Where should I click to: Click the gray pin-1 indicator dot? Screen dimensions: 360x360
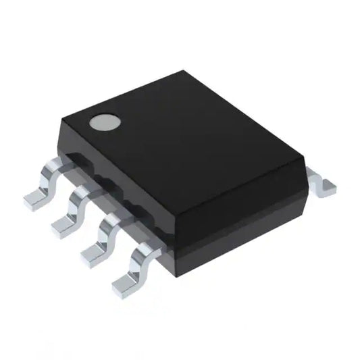(105, 122)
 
